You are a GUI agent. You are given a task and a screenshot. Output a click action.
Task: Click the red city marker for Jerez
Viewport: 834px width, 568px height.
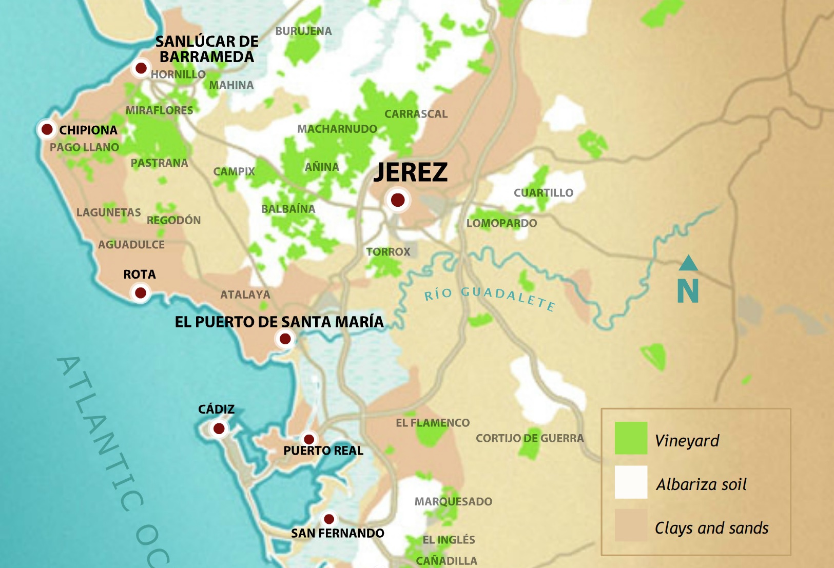398,200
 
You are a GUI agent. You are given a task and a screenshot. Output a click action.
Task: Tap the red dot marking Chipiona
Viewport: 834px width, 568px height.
47,129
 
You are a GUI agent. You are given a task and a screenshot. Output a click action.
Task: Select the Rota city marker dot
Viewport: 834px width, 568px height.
140,293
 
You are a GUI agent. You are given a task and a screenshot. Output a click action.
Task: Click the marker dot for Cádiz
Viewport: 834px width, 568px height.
219,428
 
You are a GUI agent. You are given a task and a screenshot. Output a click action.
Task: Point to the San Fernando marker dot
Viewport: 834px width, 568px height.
329,519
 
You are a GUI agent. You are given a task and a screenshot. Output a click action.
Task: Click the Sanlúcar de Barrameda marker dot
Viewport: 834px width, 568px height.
141,68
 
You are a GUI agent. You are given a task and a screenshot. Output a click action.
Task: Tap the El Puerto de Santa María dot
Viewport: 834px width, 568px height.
285,339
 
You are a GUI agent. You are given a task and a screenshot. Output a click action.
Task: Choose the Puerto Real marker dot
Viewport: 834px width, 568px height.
309,439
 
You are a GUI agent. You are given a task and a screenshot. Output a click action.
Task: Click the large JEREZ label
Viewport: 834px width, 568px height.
411,172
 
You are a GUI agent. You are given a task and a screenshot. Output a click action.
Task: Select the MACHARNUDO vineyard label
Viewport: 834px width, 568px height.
337,129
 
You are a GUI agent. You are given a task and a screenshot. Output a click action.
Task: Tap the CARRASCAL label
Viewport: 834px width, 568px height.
416,114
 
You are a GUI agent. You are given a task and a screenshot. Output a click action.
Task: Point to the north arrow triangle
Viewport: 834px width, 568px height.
688,264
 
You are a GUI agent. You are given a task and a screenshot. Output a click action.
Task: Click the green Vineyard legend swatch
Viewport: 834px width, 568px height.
631,438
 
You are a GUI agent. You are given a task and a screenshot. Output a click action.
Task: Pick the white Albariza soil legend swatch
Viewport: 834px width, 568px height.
631,482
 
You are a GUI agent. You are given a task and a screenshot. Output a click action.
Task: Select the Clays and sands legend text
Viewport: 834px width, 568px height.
711,528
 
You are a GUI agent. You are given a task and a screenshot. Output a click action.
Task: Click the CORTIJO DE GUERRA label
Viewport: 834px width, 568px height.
530,438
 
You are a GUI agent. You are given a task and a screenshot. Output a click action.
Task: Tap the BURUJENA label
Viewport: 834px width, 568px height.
303,31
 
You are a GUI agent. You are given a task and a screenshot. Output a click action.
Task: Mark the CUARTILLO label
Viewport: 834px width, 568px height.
544,193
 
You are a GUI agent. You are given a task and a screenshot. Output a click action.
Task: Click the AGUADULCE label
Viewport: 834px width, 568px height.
131,245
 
